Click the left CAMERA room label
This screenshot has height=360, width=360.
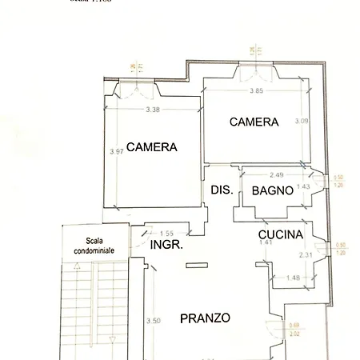pyautogui.click(x=151, y=147)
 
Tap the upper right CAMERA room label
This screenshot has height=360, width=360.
pyautogui.click(x=254, y=122)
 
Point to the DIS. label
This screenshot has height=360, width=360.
pyautogui.click(x=221, y=190)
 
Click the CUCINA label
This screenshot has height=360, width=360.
pyautogui.click(x=280, y=234)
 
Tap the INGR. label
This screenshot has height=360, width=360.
pyautogui.click(x=167, y=245)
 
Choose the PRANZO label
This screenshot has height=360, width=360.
pyautogui.click(x=205, y=318)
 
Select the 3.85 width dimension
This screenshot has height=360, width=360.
pyautogui.click(x=257, y=90)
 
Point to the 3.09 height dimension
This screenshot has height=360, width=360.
pyautogui.click(x=301, y=121)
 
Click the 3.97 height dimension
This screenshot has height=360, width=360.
pyautogui.click(x=116, y=151)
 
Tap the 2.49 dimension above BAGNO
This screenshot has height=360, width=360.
pyautogui.click(x=277, y=174)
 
